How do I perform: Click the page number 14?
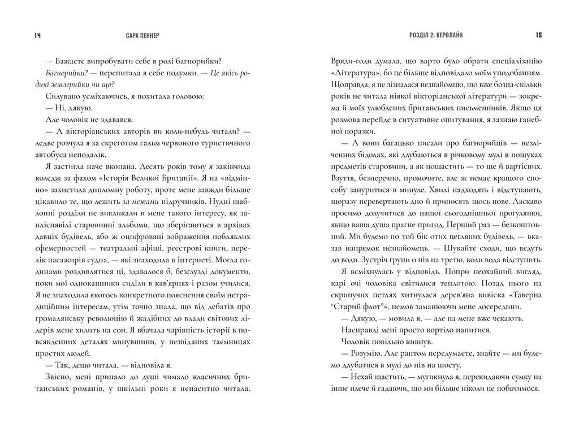(38, 36)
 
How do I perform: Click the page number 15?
(539, 36)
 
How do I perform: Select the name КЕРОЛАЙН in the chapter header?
(447, 36)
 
